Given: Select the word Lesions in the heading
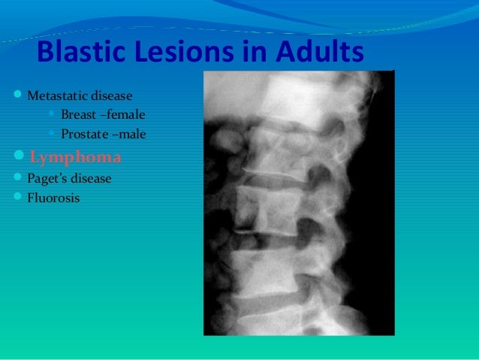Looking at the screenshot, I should pos(179,53).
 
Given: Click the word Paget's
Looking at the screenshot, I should pos(47,180).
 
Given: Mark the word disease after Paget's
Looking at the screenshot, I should pos(92,180).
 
